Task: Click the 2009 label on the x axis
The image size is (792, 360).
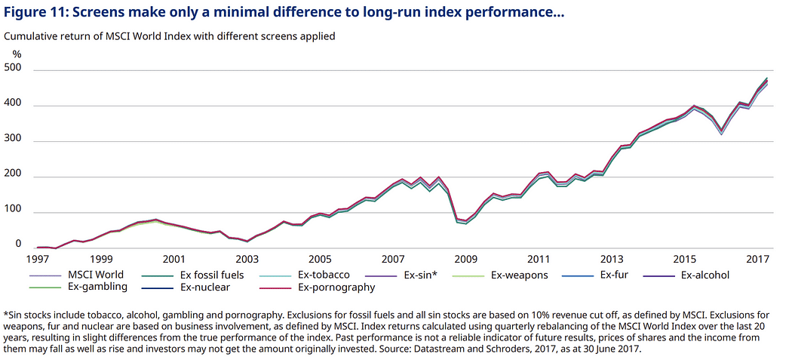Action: click(x=465, y=258)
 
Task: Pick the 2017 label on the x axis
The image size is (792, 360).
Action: click(x=757, y=258)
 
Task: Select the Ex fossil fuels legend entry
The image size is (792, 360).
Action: click(x=214, y=275)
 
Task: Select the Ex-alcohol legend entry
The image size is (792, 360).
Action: click(x=705, y=275)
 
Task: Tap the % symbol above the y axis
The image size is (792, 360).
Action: click(x=17, y=54)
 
